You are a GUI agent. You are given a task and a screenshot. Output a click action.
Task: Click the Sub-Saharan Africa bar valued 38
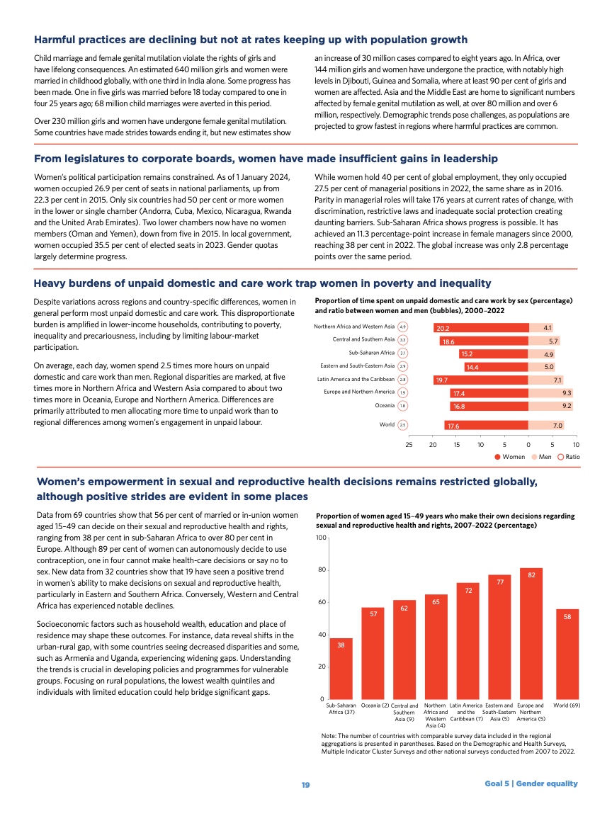[341, 669]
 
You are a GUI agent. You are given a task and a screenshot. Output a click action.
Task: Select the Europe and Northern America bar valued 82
[531, 633]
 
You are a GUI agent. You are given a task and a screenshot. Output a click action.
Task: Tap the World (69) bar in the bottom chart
[567, 654]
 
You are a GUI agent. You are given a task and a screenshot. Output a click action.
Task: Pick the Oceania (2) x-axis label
[375, 705]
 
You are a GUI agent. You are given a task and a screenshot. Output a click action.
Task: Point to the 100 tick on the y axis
[321, 539]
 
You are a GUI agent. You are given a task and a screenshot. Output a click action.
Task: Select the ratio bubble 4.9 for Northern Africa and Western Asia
[402, 327]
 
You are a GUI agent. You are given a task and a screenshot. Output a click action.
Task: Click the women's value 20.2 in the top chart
[443, 328]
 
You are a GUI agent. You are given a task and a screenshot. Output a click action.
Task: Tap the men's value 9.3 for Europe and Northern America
[567, 392]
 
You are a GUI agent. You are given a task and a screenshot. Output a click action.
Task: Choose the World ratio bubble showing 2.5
[402, 425]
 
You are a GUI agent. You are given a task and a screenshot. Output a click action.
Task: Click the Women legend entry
[510, 457]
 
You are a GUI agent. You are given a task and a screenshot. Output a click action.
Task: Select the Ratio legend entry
[569, 457]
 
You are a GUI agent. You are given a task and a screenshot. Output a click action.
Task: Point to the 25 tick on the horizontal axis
[409, 444]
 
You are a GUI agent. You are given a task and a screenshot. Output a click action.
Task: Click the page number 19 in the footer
[305, 783]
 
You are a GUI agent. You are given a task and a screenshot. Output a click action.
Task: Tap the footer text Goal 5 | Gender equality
[531, 783]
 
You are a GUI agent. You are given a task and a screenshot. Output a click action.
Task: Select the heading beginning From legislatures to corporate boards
[266, 158]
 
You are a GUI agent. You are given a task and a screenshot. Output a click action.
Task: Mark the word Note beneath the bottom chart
[329, 737]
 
